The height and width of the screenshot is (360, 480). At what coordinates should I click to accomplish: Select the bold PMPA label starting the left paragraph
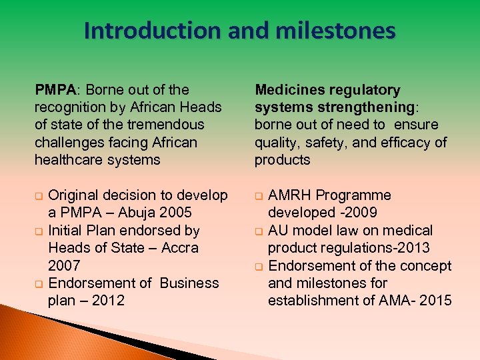(x=57, y=90)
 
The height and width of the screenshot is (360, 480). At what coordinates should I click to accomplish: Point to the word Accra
(x=179, y=248)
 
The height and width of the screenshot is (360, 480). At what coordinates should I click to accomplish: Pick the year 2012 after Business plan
(x=108, y=301)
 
